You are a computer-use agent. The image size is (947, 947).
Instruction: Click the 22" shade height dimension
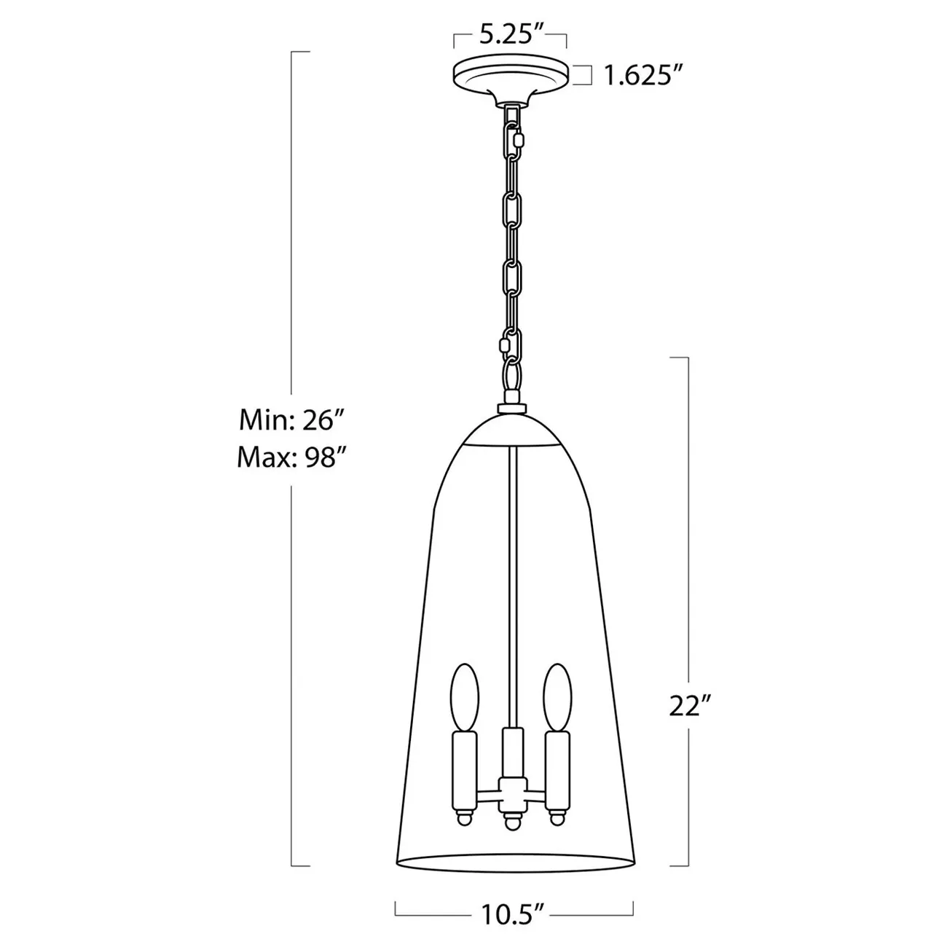[689, 706]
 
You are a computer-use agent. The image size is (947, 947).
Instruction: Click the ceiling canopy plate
[511, 77]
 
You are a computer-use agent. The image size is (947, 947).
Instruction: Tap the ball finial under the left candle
[464, 818]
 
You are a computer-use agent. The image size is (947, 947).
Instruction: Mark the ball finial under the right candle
[558, 818]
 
